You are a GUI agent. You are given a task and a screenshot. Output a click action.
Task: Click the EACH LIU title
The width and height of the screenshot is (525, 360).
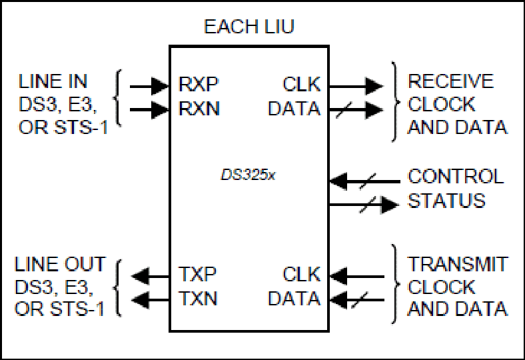(x=249, y=27)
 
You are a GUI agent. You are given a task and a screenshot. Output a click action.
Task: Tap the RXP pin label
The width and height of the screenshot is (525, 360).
(x=199, y=84)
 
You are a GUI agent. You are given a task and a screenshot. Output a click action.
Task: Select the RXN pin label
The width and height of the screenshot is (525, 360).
(x=199, y=108)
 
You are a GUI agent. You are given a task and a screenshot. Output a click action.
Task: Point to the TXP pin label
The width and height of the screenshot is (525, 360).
(x=197, y=274)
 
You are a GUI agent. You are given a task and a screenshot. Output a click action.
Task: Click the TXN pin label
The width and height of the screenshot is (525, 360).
(x=198, y=298)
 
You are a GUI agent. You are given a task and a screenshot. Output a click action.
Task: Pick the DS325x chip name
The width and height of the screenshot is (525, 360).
(x=248, y=175)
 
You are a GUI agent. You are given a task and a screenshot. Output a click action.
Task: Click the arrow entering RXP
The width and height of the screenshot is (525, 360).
(x=149, y=87)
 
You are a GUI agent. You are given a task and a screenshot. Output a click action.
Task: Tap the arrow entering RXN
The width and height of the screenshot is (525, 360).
(x=149, y=110)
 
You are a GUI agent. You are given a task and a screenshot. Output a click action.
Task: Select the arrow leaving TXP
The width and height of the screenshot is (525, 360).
(x=150, y=276)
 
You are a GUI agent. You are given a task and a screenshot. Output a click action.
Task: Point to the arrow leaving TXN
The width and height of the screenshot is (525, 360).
(x=150, y=300)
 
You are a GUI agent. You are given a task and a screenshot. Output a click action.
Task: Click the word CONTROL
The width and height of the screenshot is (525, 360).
(x=456, y=176)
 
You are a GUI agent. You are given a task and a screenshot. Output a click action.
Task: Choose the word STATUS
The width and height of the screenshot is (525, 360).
(x=446, y=201)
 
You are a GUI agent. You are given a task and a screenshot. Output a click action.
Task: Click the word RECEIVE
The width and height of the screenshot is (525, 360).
(x=450, y=81)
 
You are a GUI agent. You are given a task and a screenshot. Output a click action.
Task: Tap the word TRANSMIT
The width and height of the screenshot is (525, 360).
(x=457, y=264)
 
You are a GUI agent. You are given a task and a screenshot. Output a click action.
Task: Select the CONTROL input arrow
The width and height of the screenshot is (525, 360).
(x=365, y=181)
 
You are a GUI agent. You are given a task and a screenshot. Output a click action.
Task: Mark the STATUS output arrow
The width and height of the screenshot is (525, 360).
(x=364, y=205)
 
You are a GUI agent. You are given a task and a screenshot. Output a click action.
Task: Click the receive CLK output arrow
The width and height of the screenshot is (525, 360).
(x=356, y=87)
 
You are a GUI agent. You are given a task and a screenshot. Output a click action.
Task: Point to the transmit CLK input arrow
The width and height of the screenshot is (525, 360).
(x=357, y=277)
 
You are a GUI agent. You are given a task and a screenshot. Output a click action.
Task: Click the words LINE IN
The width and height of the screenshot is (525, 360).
(x=53, y=81)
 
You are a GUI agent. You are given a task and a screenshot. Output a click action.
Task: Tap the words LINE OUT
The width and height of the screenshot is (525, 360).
(x=60, y=264)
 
